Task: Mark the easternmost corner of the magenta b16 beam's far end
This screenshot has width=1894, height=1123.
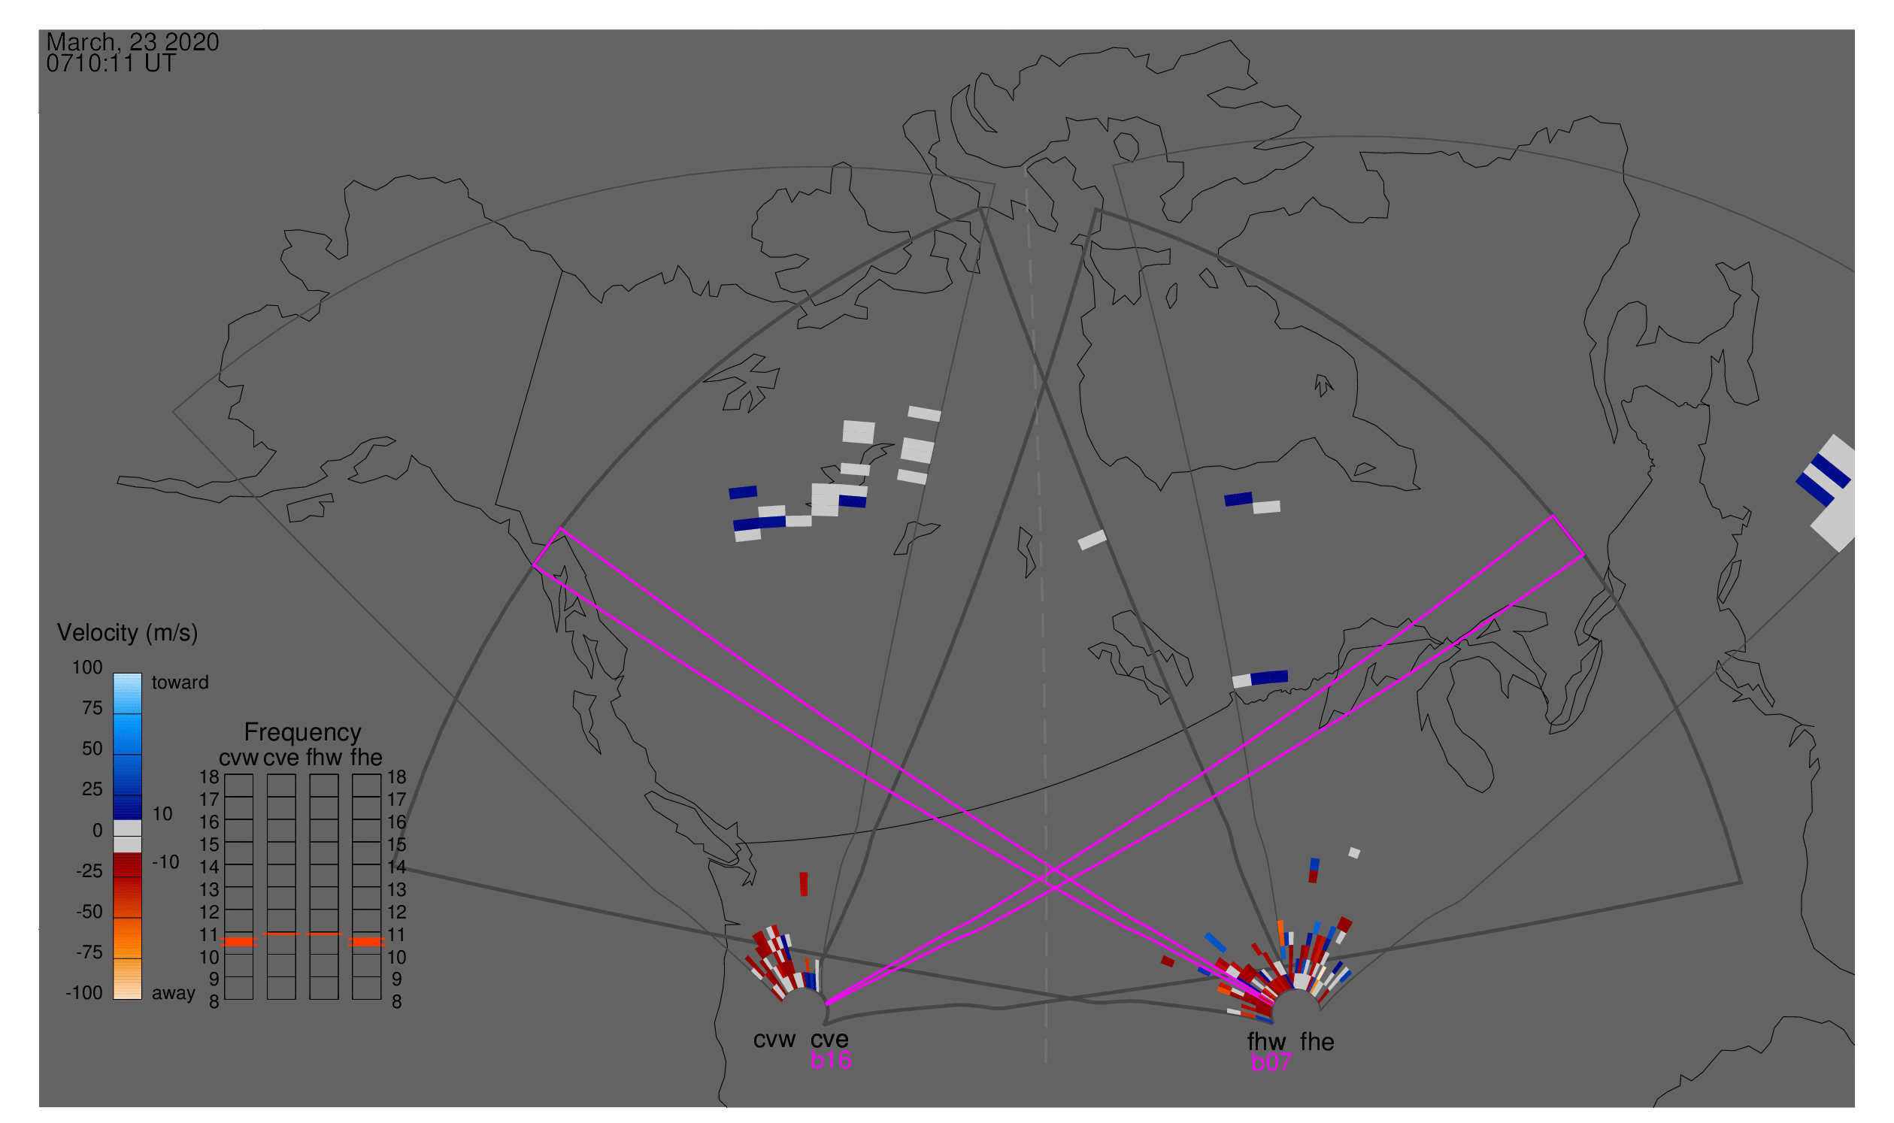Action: (x=1584, y=555)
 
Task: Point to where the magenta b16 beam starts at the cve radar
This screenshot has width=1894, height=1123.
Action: (x=826, y=1004)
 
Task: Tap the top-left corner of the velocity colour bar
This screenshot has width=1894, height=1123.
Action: (x=114, y=673)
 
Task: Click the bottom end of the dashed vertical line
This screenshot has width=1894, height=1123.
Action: (x=1045, y=1062)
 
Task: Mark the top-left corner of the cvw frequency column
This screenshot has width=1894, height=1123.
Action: (x=225, y=774)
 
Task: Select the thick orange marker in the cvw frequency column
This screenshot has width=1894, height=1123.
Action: (x=238, y=942)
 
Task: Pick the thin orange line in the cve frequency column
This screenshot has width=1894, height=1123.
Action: (x=281, y=934)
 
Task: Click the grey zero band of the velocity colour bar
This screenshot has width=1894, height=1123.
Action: (x=127, y=837)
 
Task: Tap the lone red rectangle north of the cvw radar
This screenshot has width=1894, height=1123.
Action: (x=804, y=884)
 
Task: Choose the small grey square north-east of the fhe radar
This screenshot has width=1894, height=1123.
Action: (x=1354, y=853)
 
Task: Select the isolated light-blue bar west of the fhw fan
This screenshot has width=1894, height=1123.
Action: (x=1216, y=943)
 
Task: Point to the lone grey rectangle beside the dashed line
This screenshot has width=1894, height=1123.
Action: (x=1092, y=540)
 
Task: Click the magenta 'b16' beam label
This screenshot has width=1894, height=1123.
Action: (x=830, y=1060)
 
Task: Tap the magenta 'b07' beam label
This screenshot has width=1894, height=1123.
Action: (x=1271, y=1062)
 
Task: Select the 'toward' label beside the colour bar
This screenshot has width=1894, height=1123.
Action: (x=180, y=683)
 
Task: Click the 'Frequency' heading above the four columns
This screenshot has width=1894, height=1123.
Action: (x=303, y=733)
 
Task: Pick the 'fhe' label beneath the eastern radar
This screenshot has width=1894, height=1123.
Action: (x=1317, y=1042)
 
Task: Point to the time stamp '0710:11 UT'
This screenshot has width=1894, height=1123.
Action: (x=111, y=64)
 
